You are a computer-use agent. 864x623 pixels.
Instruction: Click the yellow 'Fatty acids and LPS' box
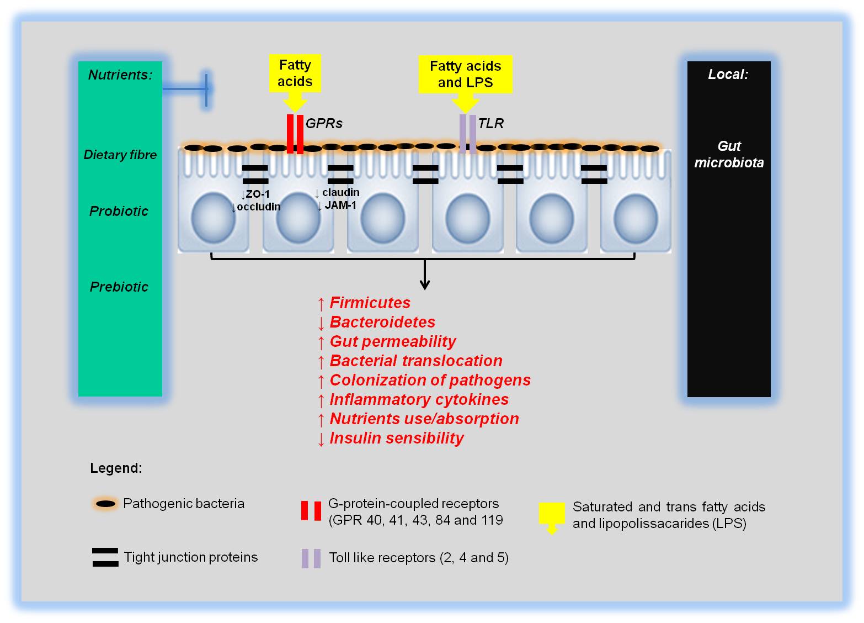pyautogui.click(x=465, y=74)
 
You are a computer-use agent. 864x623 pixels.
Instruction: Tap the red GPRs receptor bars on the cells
pyautogui.click(x=295, y=134)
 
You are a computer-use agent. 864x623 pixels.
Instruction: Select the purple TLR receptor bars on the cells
pyautogui.click(x=467, y=134)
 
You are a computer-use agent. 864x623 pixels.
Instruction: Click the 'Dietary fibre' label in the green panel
pyautogui.click(x=120, y=155)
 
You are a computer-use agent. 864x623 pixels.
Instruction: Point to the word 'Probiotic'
pyautogui.click(x=119, y=211)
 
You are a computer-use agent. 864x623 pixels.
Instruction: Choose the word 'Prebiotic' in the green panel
pyautogui.click(x=119, y=287)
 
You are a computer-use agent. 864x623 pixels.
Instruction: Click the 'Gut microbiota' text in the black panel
pyautogui.click(x=729, y=154)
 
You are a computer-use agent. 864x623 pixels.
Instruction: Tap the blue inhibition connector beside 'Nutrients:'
pyautogui.click(x=187, y=89)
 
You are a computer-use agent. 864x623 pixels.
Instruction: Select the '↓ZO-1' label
pyautogui.click(x=255, y=194)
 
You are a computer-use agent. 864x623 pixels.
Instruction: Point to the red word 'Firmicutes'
pyautogui.click(x=370, y=303)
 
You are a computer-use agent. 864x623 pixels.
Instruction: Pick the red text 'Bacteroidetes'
pyautogui.click(x=382, y=322)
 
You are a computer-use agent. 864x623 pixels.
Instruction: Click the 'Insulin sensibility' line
pyautogui.click(x=397, y=438)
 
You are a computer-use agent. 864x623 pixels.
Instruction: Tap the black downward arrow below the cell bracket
pyautogui.click(x=425, y=274)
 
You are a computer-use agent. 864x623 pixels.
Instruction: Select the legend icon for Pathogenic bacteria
pyautogui.click(x=105, y=504)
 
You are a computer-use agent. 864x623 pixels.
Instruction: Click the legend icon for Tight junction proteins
pyautogui.click(x=105, y=557)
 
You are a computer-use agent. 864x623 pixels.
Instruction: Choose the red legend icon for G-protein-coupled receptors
pyautogui.click(x=311, y=510)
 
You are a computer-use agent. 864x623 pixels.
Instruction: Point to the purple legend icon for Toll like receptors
pyautogui.click(x=311, y=558)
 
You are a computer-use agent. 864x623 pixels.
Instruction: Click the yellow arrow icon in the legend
pyautogui.click(x=552, y=518)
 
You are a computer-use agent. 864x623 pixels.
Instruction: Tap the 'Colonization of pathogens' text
pyautogui.click(x=430, y=380)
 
